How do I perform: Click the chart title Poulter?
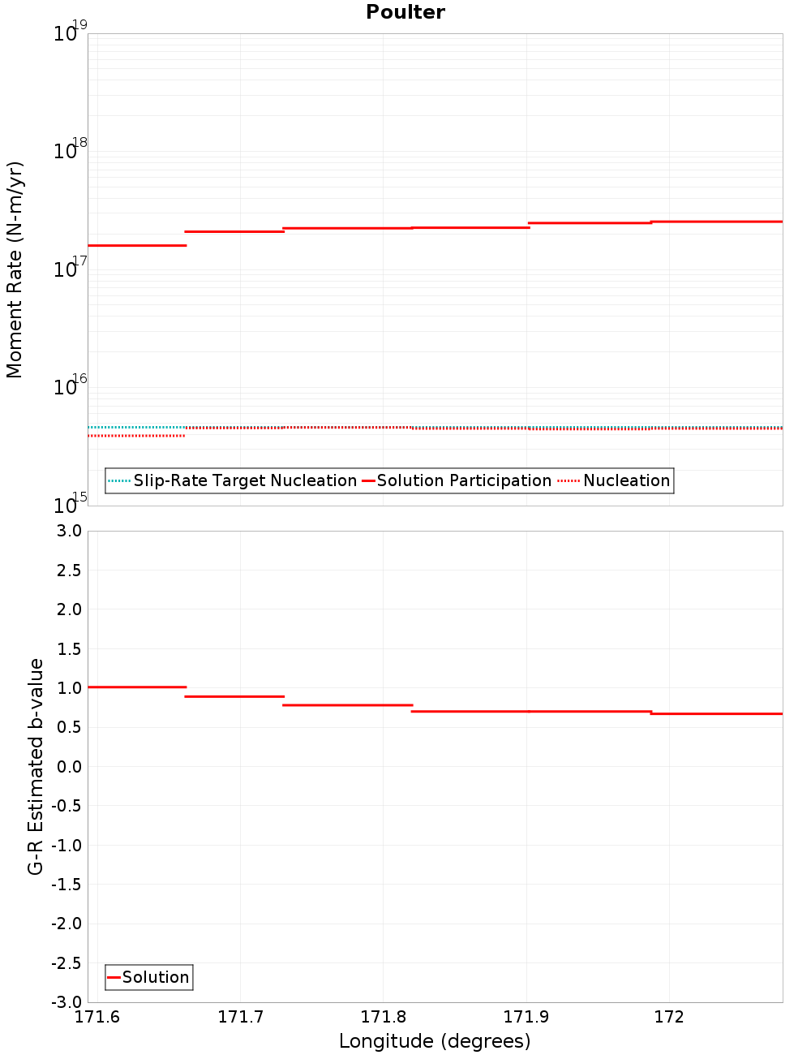click(405, 12)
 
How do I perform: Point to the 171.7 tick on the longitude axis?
click(240, 1017)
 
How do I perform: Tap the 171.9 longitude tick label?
click(526, 1017)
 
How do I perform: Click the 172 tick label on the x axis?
click(669, 1017)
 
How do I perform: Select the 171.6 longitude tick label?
click(97, 1017)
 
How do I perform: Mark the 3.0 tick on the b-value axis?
click(67, 531)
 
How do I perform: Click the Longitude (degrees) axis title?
click(435, 1041)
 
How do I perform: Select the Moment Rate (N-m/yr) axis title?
click(15, 269)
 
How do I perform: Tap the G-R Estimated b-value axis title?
click(36, 767)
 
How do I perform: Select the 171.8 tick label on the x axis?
click(384, 1017)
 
